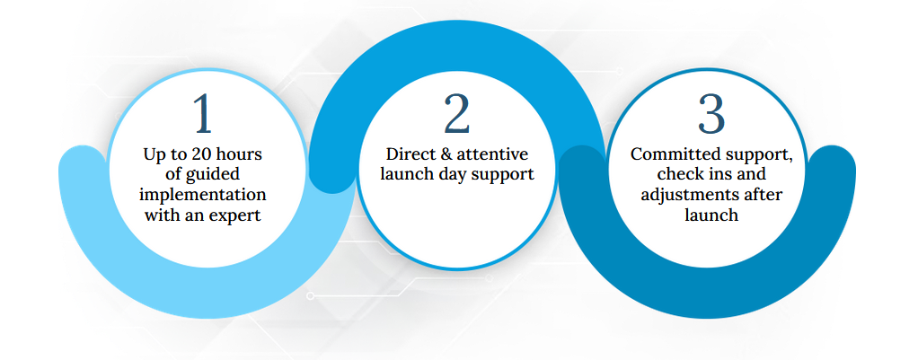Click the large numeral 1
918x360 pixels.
click(x=203, y=113)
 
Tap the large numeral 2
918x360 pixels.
click(x=456, y=113)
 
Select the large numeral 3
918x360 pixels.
click(x=711, y=113)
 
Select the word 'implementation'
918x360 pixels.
click(x=203, y=196)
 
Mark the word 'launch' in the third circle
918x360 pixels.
click(x=711, y=215)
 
